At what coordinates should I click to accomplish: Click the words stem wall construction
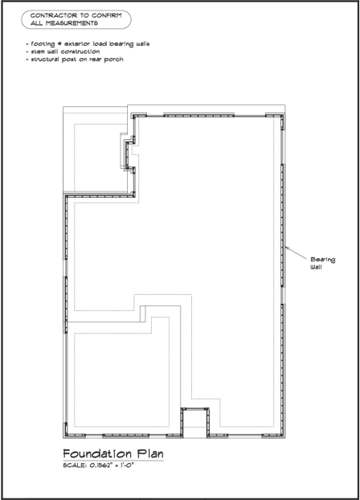[x=65, y=51]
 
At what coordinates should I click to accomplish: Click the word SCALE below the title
[x=75, y=465]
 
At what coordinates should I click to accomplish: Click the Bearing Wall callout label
[x=323, y=263]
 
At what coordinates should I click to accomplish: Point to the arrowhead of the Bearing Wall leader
[x=286, y=248]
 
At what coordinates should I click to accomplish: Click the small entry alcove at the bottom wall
[x=194, y=422]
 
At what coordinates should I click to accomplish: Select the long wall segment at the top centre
[x=199, y=115]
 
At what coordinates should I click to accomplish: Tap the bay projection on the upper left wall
[x=130, y=154]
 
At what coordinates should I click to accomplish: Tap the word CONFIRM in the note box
[x=107, y=15]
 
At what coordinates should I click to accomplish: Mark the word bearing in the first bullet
[x=122, y=44]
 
